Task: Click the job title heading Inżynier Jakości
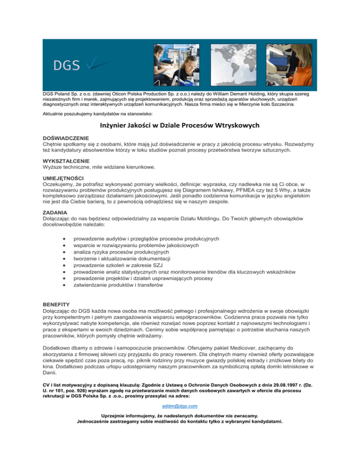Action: (x=180, y=125)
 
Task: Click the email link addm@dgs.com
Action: (x=180, y=406)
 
